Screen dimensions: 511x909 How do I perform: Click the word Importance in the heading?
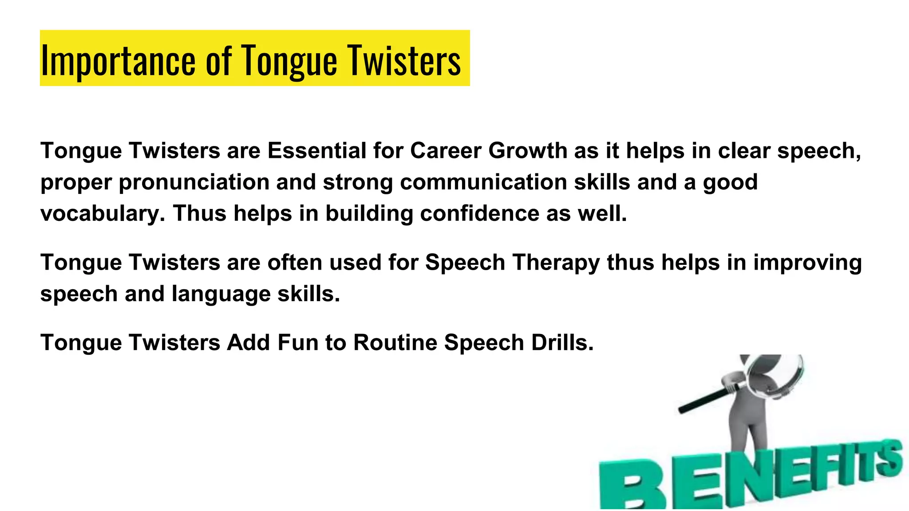[118, 61]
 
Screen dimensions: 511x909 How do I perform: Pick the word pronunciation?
[194, 182]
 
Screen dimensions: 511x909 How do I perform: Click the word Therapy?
[556, 263]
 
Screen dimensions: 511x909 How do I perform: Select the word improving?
[807, 263]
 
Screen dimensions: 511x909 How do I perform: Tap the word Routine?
[395, 343]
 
